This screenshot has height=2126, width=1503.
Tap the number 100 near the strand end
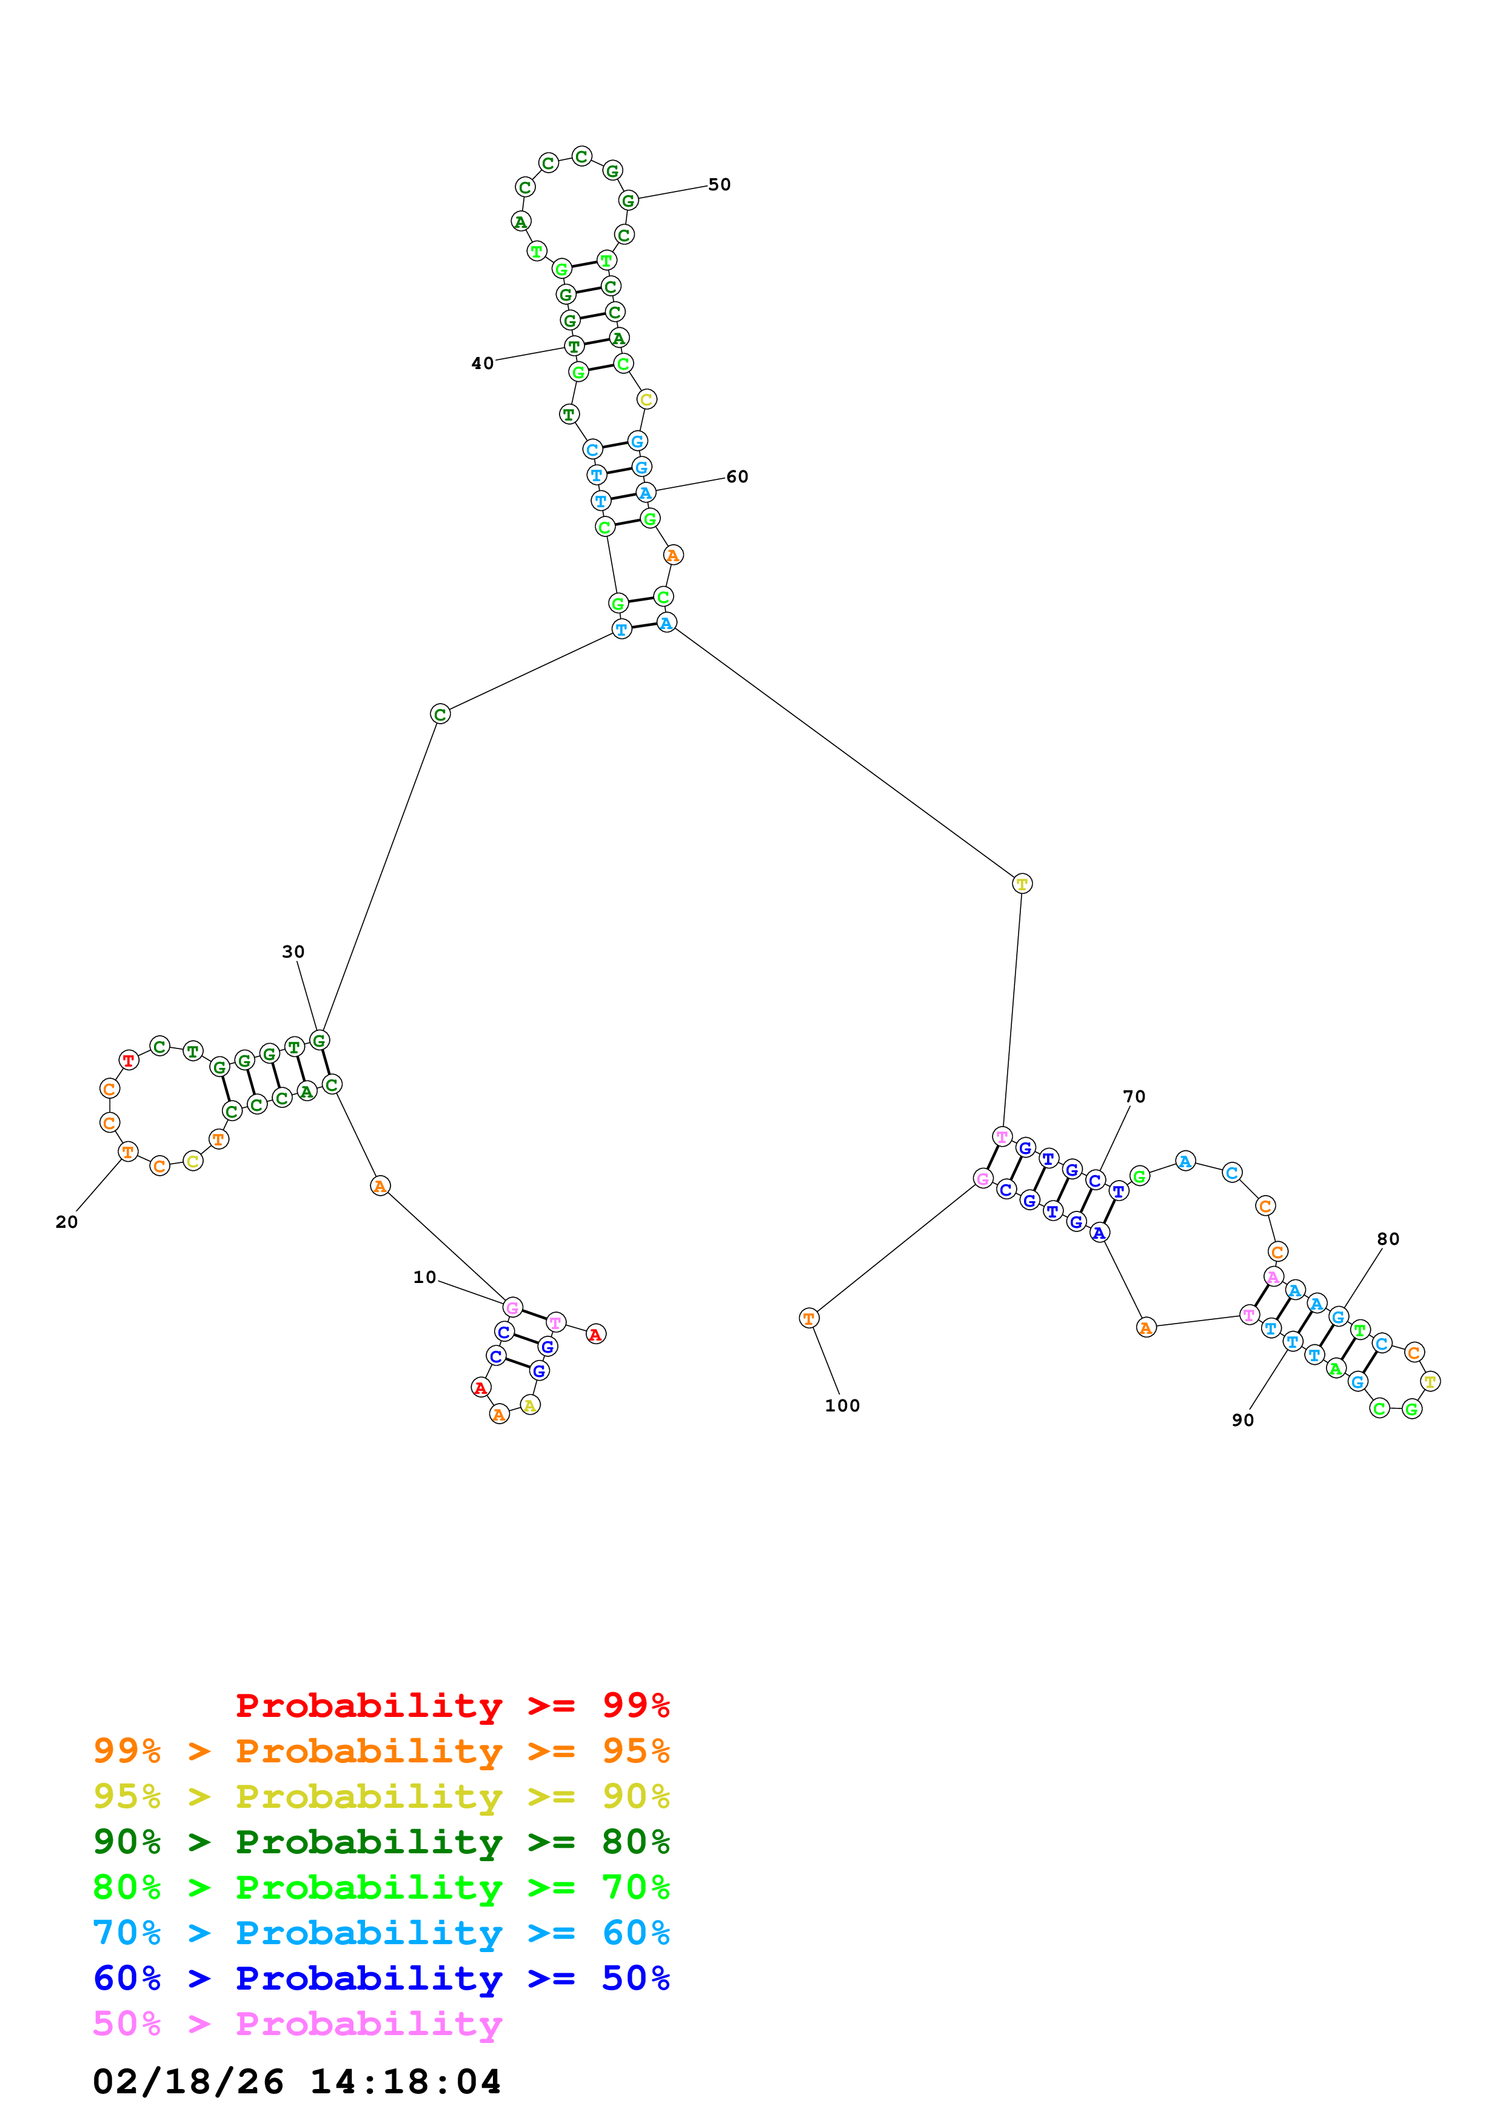point(842,1405)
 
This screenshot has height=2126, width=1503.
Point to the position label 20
point(67,1222)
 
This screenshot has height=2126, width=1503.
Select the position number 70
point(1134,1096)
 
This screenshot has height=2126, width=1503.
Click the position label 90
point(1243,1421)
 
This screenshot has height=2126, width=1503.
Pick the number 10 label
point(424,1277)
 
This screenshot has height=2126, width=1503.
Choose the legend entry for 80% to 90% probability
point(381,1842)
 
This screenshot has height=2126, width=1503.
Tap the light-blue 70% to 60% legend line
point(381,1933)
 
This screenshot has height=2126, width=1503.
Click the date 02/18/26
point(188,2082)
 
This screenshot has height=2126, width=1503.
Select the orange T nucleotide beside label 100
point(808,1318)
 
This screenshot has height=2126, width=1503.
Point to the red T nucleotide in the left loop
point(129,1060)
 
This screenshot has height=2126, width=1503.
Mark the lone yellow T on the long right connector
point(1022,884)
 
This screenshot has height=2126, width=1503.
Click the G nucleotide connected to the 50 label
point(628,200)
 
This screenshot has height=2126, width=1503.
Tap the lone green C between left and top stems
point(440,714)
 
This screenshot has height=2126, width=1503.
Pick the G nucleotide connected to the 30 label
point(318,1041)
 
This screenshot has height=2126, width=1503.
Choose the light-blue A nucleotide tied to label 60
point(646,493)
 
